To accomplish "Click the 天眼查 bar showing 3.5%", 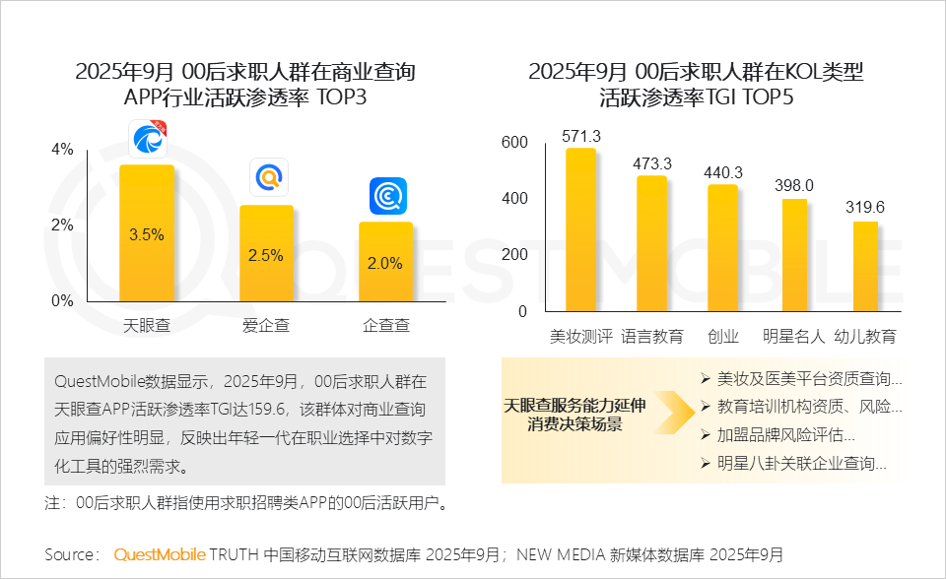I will pos(147,233).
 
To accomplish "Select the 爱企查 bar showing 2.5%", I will pos(266,253).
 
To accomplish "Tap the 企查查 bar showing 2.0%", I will pos(385,262).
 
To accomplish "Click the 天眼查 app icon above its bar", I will pos(148,140).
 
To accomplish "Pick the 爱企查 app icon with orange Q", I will pos(268,177).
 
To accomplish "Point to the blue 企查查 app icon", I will pos(387,196).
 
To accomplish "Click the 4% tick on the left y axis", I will pos(62,150).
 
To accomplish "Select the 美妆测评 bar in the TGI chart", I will pos(580,230).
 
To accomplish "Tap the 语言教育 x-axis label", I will pos(652,337).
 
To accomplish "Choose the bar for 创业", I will pos(723,248).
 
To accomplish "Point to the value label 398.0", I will pos(794,185).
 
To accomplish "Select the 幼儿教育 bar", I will pos(865,266).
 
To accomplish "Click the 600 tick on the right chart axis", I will pos(515,143).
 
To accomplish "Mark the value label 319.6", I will pos(865,207).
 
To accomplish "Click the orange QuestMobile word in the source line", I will pos(160,554).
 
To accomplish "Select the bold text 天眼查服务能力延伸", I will pos(575,405).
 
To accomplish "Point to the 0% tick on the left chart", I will pos(62,300).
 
